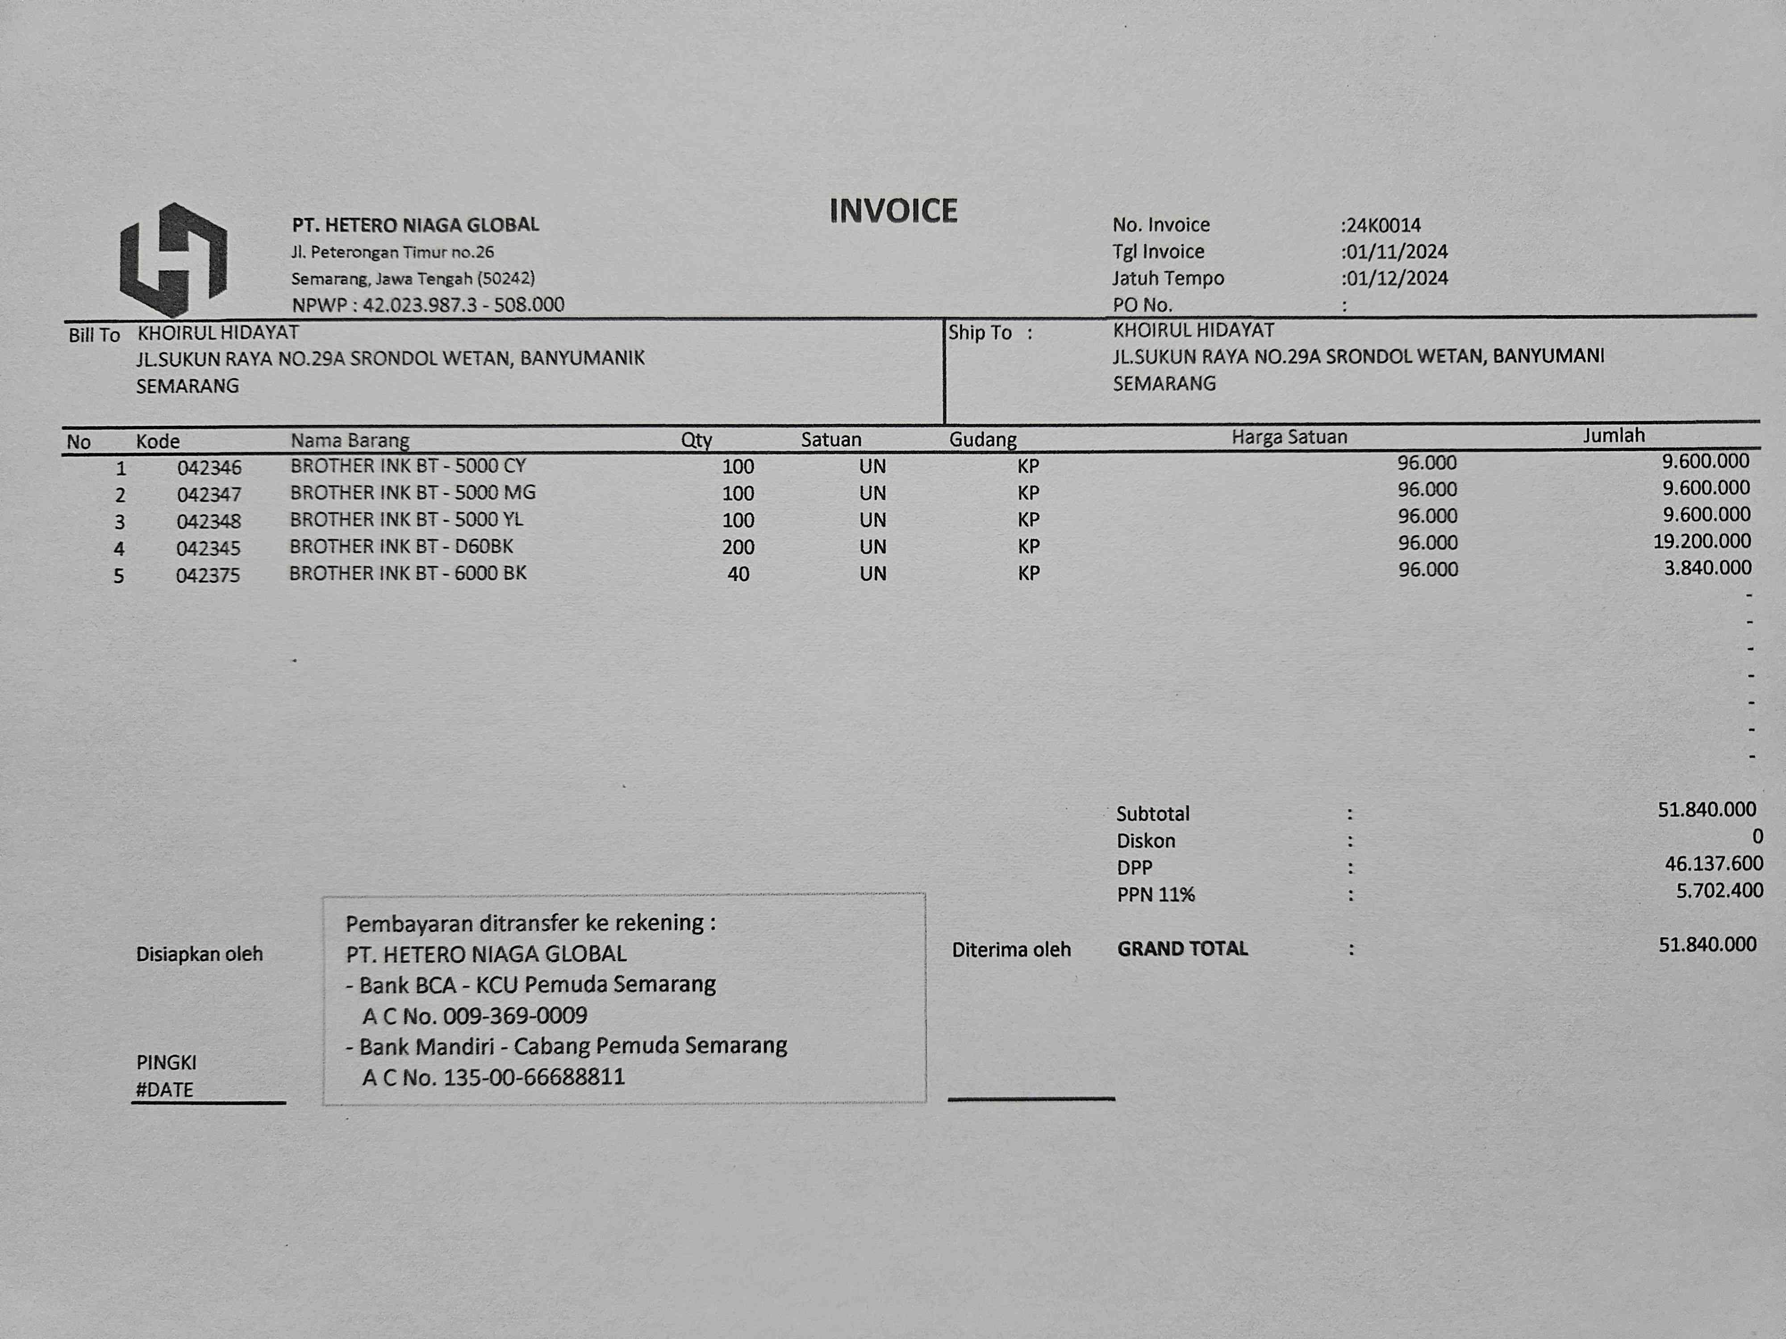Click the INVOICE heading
pyautogui.click(x=893, y=212)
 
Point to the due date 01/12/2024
pyautogui.click(x=1397, y=279)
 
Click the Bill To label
pyautogui.click(x=94, y=335)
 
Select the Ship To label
pyautogui.click(x=980, y=333)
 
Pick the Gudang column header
pyautogui.click(x=983, y=440)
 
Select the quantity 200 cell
pyautogui.click(x=738, y=547)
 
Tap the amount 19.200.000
pyautogui.click(x=1702, y=541)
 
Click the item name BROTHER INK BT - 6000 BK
pyautogui.click(x=408, y=573)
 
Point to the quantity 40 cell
pyautogui.click(x=738, y=574)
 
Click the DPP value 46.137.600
pyautogui.click(x=1713, y=864)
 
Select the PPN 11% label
pyautogui.click(x=1156, y=894)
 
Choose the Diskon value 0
pyautogui.click(x=1757, y=837)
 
